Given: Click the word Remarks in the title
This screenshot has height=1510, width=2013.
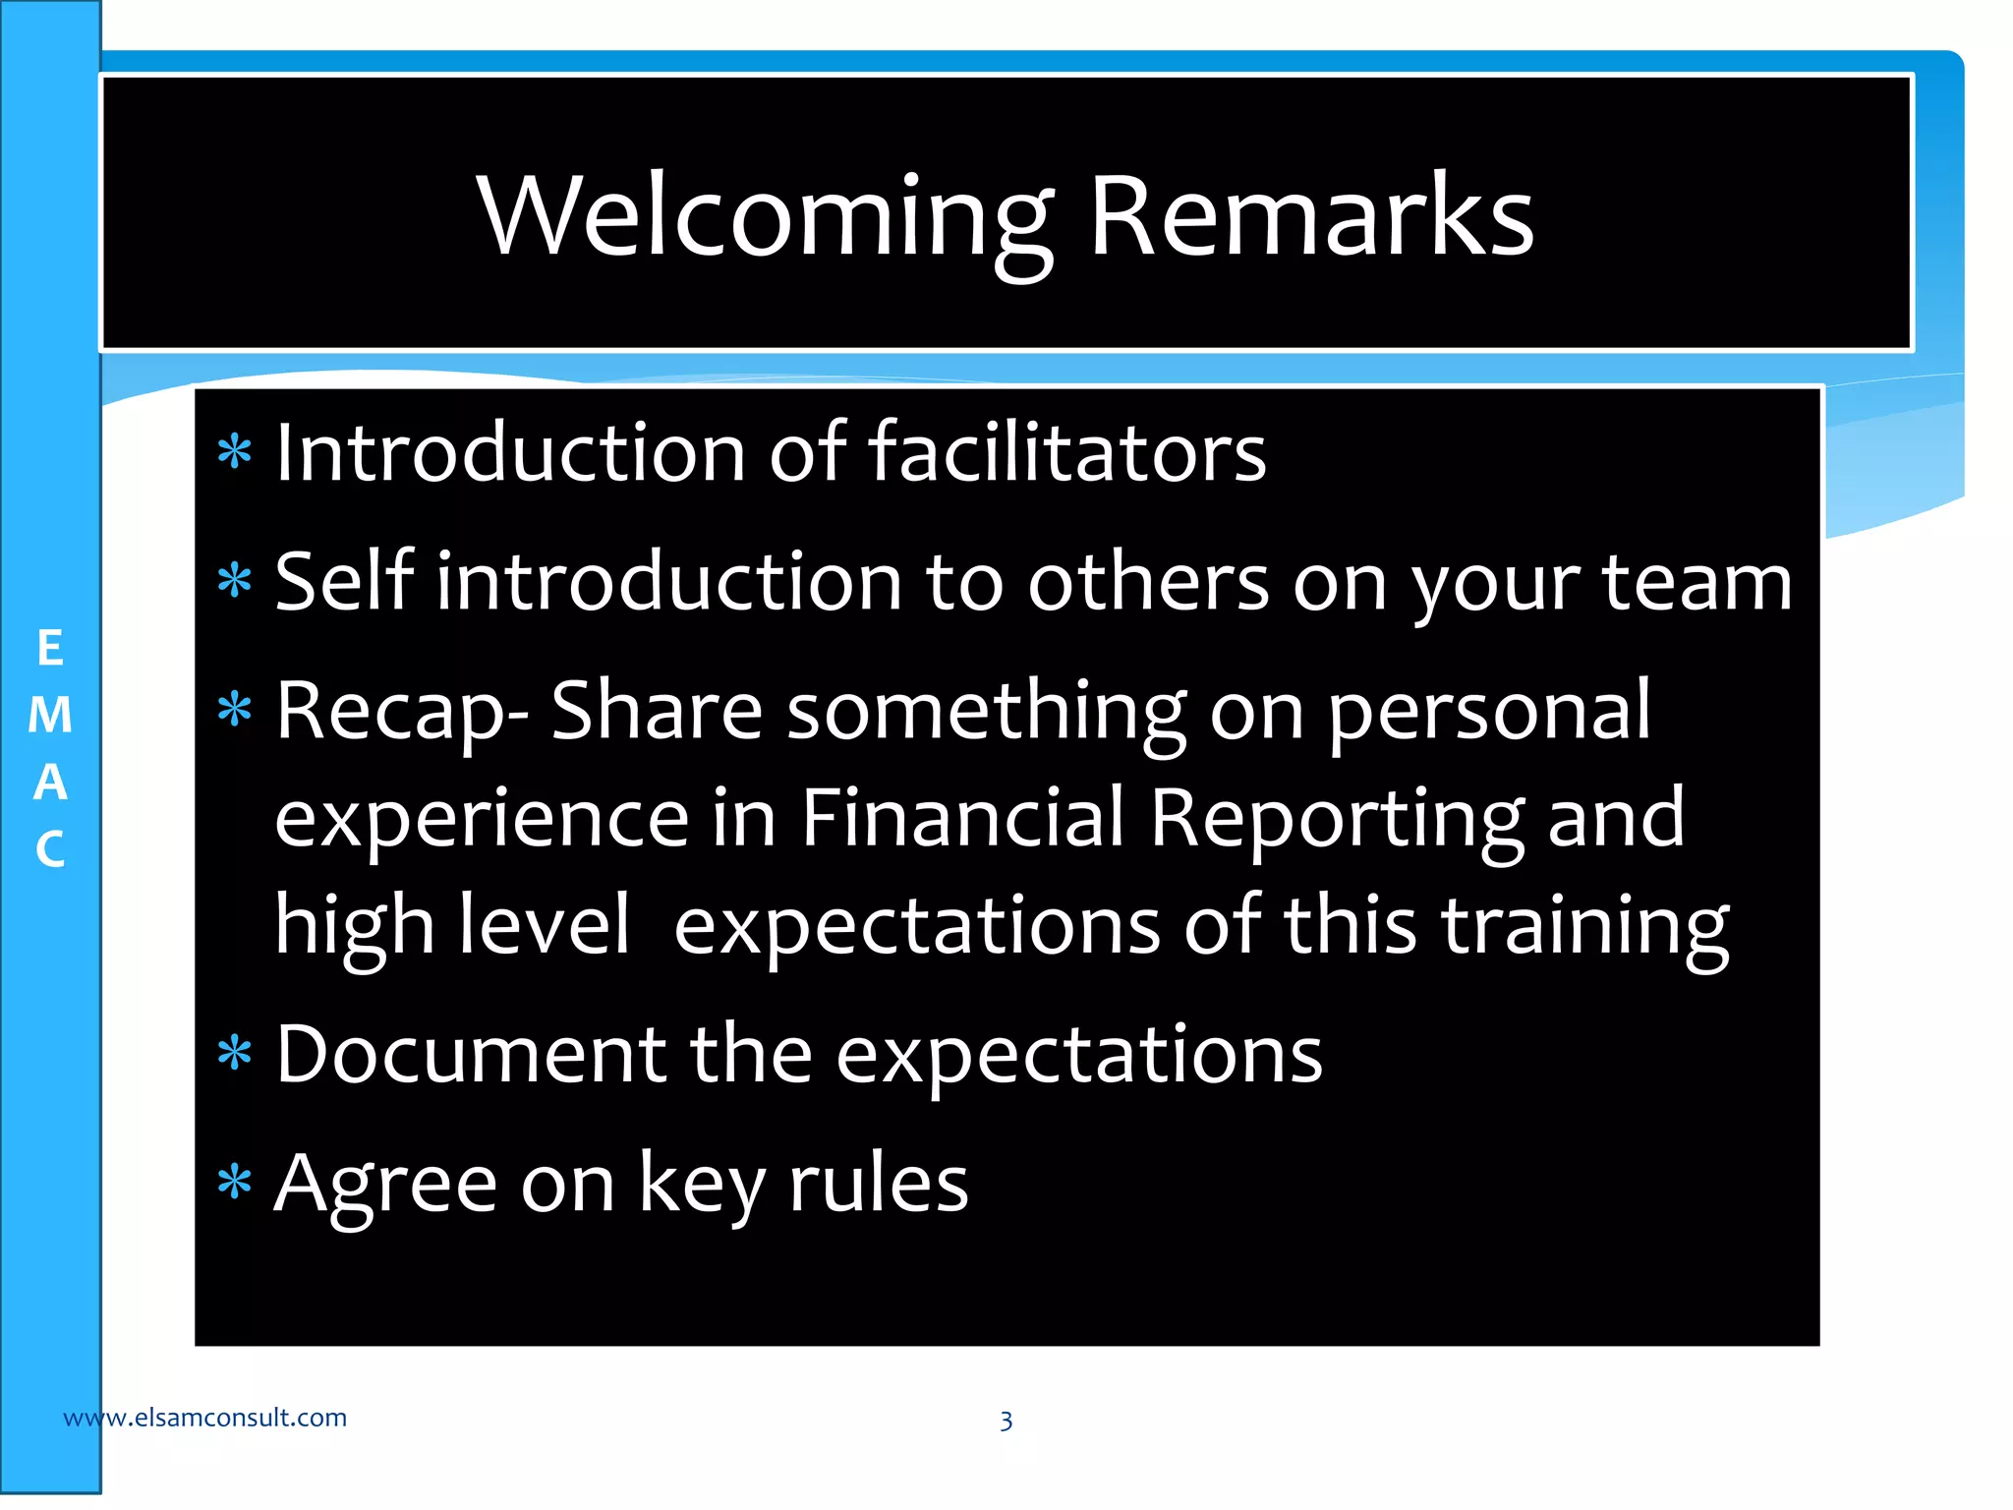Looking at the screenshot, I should (1311, 218).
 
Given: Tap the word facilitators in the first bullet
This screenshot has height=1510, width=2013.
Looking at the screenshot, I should (1067, 454).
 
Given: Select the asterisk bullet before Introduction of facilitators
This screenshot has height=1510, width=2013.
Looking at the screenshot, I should (235, 454).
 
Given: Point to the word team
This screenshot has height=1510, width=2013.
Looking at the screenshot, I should (1697, 584).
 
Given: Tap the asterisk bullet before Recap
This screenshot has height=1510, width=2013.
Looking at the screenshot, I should (235, 710).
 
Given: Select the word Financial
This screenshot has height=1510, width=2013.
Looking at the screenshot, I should (962, 818).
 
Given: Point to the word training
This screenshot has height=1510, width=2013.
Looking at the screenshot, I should (1584, 928).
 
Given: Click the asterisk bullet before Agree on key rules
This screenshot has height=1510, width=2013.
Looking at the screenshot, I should (235, 1184).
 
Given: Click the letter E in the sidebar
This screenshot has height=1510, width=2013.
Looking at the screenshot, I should (50, 650).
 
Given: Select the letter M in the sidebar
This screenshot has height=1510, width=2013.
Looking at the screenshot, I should (50, 717).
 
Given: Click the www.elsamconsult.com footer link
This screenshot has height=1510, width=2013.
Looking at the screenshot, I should (204, 1418).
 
